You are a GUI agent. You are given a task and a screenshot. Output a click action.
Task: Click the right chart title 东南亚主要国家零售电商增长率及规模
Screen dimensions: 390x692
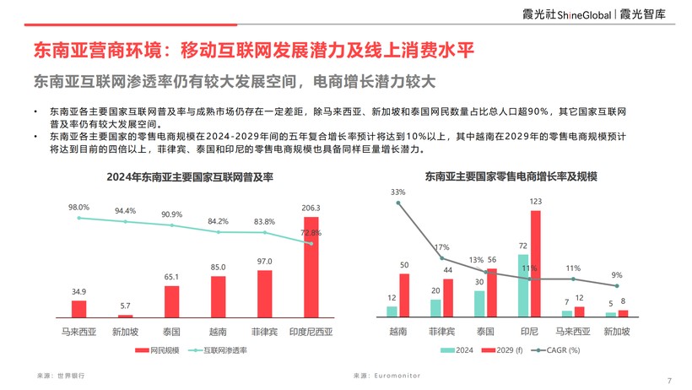511,177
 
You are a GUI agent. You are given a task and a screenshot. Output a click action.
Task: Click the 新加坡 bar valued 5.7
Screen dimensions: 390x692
125,314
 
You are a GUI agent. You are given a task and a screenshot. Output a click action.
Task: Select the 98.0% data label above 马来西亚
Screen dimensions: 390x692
78,207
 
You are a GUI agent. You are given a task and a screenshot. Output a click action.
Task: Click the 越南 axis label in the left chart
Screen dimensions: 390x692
218,332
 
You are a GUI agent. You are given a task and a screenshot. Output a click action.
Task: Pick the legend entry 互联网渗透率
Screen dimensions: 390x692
209,349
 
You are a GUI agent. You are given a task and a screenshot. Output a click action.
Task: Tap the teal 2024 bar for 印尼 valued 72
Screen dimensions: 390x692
523,285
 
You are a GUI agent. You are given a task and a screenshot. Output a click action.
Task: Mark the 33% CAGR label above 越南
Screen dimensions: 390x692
397,192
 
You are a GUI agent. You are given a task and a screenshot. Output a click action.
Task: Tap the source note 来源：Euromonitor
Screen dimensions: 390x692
387,374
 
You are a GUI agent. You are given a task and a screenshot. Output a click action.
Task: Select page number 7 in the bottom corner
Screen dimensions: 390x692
669,381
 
